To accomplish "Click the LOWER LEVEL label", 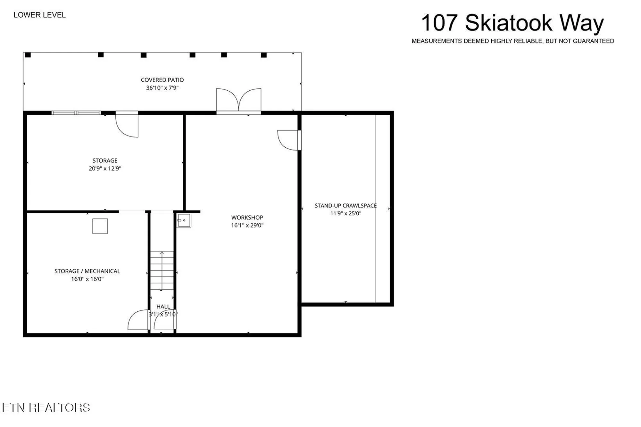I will pyautogui.click(x=39, y=15).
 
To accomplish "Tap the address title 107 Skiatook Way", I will pyautogui.click(x=512, y=23).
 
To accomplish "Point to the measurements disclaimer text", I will pyautogui.click(x=512, y=41).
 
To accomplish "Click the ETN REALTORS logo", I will pyautogui.click(x=46, y=407).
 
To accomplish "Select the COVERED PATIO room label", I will pyautogui.click(x=162, y=80).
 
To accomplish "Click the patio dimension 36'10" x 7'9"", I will pyautogui.click(x=162, y=88).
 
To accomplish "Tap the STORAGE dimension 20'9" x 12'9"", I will pyautogui.click(x=105, y=168).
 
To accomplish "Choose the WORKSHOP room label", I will pyautogui.click(x=247, y=218).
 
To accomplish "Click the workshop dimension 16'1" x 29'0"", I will pyautogui.click(x=247, y=225).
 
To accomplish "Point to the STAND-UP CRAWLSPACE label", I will pyautogui.click(x=345, y=206).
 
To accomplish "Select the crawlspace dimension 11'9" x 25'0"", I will pyautogui.click(x=345, y=213).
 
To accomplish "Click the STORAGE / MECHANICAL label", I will pyautogui.click(x=87, y=271).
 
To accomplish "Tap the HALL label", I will pyautogui.click(x=163, y=307).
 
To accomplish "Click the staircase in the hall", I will pyautogui.click(x=162, y=270).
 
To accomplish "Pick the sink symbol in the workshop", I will pyautogui.click(x=184, y=221).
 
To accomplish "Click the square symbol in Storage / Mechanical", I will pyautogui.click(x=100, y=226).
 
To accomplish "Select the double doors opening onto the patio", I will pyautogui.click(x=238, y=101).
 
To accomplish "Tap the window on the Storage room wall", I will pyautogui.click(x=76, y=113).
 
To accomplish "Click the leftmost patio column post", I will pyautogui.click(x=28, y=55).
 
